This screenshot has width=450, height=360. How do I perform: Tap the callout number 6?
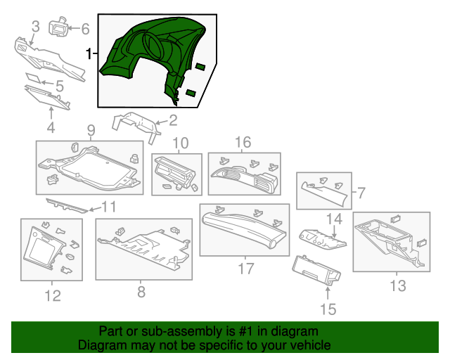[85, 29]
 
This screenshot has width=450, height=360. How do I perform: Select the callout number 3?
[35, 27]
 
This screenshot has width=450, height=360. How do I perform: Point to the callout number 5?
[59, 86]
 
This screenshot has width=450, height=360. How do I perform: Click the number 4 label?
[51, 127]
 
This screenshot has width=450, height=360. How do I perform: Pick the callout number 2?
[172, 120]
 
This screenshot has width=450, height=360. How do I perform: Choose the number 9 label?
[91, 130]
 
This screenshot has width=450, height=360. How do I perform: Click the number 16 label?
[243, 143]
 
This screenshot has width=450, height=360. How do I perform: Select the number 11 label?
[108, 207]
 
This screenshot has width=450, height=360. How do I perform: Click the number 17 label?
[245, 268]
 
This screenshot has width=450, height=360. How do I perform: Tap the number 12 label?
[53, 296]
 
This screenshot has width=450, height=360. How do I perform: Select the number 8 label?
[141, 291]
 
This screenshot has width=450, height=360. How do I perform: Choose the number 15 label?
[328, 308]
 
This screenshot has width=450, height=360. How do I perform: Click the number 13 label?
[397, 285]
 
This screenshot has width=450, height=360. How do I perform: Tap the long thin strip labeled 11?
[67, 205]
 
